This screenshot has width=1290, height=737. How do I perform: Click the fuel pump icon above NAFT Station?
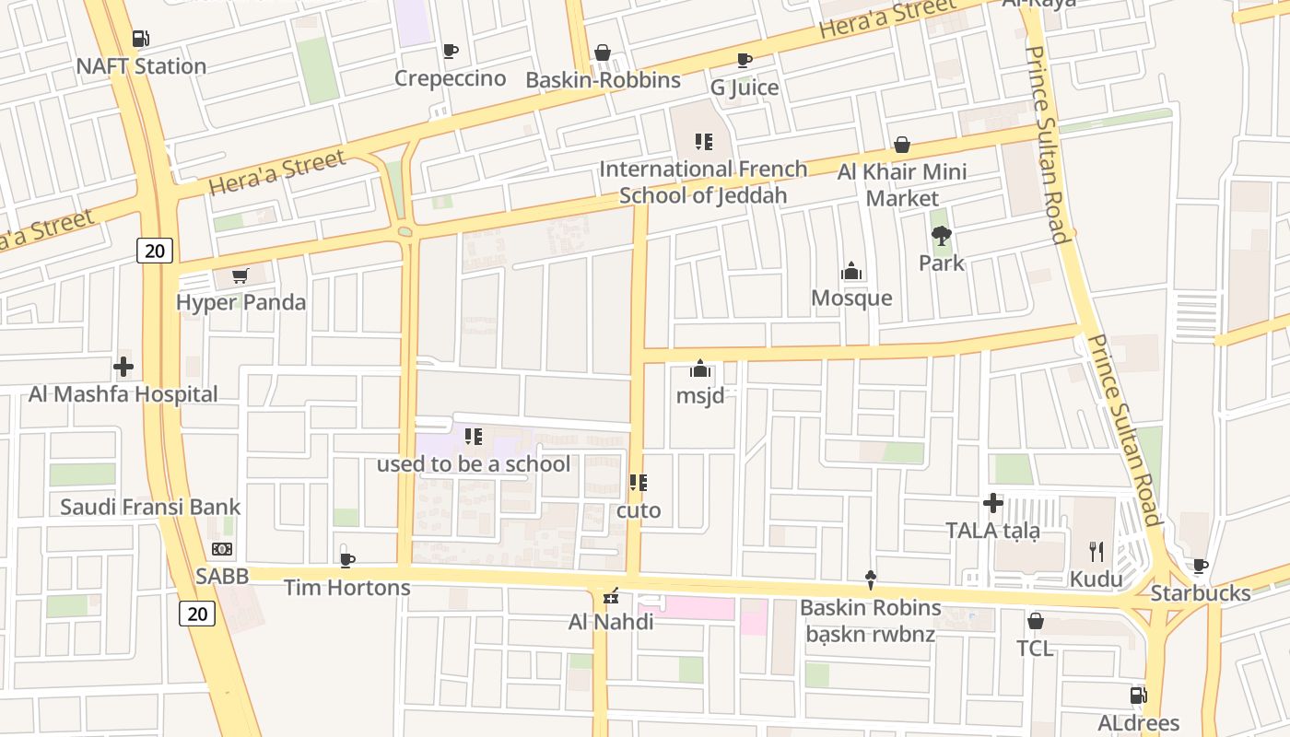(140, 39)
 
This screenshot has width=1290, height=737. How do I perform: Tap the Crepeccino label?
(450, 78)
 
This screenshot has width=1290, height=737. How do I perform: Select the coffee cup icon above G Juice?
(744, 61)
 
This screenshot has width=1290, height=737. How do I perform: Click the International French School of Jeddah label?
(703, 182)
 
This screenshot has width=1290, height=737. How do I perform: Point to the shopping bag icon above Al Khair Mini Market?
(902, 145)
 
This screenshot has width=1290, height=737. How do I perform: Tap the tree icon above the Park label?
(941, 236)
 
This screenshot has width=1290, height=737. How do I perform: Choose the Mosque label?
(851, 298)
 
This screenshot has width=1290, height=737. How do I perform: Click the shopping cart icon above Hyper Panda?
(240, 275)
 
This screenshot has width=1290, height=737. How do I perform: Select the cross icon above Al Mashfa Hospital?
(123, 367)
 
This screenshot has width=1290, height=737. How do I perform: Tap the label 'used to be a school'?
(473, 463)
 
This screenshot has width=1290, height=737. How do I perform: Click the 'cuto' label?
(639, 509)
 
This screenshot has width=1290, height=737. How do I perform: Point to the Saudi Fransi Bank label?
(150, 507)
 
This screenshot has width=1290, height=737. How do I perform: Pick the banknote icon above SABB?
(222, 549)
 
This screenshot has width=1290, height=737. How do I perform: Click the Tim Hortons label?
(346, 587)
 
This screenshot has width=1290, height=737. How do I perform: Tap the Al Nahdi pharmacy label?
(611, 622)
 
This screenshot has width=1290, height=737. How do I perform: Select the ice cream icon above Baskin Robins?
(870, 579)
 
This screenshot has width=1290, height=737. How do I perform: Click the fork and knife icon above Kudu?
(1096, 552)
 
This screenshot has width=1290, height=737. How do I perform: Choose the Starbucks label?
(1201, 593)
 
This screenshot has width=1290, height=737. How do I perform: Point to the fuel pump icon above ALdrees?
(1139, 696)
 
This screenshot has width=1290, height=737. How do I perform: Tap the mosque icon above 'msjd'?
(700, 369)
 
